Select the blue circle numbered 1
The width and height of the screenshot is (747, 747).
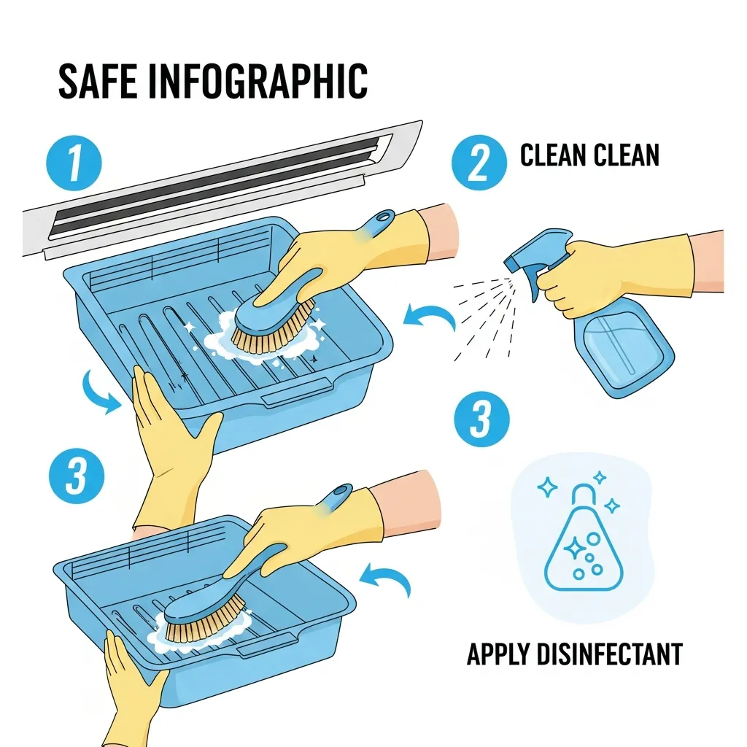(x=74, y=163)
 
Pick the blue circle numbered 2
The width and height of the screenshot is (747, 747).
(x=479, y=163)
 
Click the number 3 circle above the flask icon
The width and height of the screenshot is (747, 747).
(x=481, y=419)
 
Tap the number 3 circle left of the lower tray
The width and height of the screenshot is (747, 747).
(x=77, y=476)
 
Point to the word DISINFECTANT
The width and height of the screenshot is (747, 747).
(x=609, y=654)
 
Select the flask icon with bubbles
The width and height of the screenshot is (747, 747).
(x=583, y=538)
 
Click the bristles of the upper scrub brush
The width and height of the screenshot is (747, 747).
(x=271, y=330)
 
